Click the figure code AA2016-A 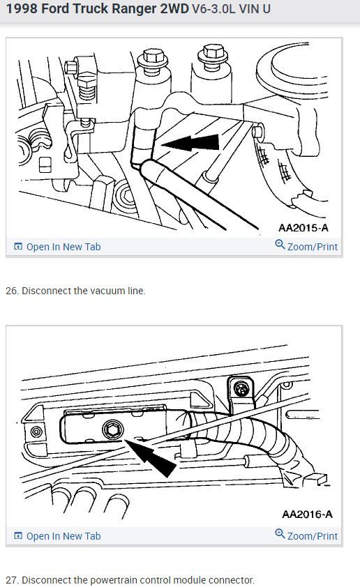[307, 514]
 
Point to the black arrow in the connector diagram [153, 457]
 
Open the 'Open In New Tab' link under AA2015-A [63, 247]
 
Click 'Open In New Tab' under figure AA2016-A [63, 536]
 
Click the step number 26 [11, 291]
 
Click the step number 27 [11, 580]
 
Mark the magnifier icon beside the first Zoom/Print [280, 245]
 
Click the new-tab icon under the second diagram [18, 536]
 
